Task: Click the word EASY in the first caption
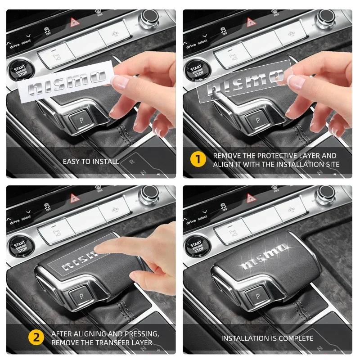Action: (72, 161)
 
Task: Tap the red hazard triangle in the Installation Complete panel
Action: (249, 198)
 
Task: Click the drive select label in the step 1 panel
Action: (197, 44)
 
